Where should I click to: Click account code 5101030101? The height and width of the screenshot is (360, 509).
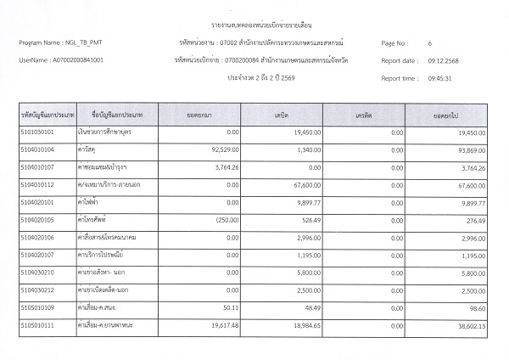tap(36, 133)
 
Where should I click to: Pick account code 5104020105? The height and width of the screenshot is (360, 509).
tap(36, 221)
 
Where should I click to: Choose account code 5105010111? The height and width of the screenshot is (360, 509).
tap(36, 325)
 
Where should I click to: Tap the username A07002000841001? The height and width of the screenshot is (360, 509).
tap(77, 60)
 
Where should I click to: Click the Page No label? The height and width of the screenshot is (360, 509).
tap(396, 42)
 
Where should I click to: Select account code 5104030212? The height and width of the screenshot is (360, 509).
tap(36, 290)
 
